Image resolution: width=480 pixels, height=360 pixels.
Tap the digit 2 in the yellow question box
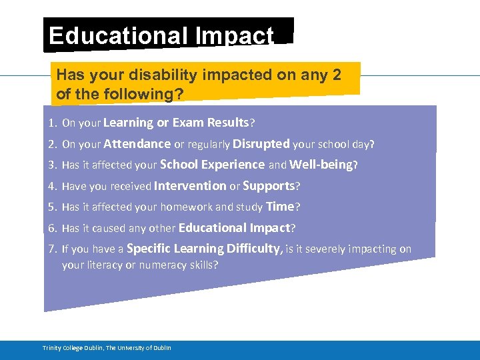click(335, 75)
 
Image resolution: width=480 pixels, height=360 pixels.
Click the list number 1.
click(52, 123)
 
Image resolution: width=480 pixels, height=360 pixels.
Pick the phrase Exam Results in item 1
click(210, 123)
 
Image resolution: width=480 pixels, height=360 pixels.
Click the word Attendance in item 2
click(137, 144)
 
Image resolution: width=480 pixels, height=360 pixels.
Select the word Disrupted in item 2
click(261, 144)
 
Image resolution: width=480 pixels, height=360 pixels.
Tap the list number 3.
click(52, 165)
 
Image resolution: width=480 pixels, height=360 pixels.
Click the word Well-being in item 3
click(321, 165)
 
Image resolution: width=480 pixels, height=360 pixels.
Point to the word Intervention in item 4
click(190, 186)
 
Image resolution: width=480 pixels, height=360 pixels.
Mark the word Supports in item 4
click(269, 186)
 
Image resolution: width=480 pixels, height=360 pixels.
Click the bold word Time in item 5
click(280, 207)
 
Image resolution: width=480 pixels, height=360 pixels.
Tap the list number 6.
click(52, 228)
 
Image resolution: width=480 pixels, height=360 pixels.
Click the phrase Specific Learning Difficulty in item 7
click(205, 249)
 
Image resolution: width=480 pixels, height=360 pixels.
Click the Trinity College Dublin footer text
click(107, 348)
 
